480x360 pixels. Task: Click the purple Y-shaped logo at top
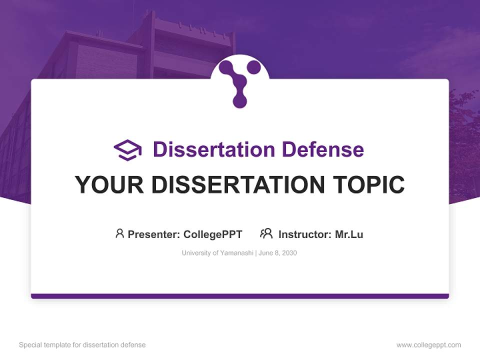pos(240,82)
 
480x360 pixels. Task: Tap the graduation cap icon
pos(127,150)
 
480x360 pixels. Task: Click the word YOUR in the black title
pos(109,185)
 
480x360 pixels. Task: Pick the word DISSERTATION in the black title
pos(238,185)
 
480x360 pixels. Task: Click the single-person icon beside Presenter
pos(119,233)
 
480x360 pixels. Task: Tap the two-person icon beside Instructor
pos(266,233)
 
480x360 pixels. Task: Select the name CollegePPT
pos(213,234)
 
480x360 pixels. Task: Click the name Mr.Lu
pos(349,234)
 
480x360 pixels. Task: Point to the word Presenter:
pos(154,234)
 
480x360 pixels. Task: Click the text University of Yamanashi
pos(217,253)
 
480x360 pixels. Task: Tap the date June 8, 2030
pos(278,253)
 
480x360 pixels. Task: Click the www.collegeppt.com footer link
pos(428,345)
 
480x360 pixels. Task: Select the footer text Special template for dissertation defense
pos(82,345)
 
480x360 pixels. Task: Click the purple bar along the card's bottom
pos(240,296)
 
